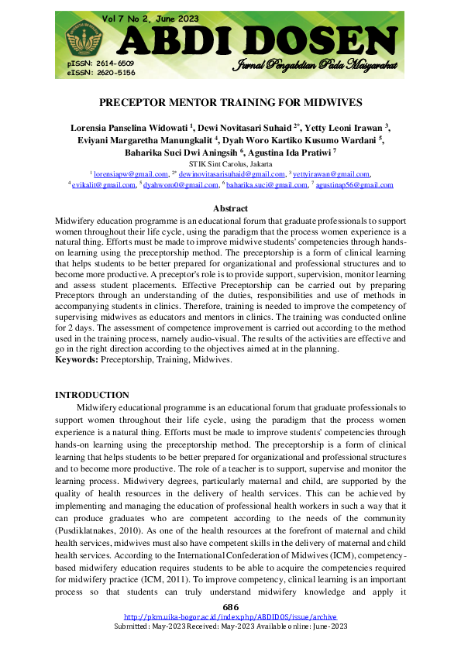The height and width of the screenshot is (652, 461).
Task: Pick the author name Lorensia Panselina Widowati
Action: [x=129, y=125]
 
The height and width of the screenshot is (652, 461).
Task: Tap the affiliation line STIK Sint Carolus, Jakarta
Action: [x=230, y=165]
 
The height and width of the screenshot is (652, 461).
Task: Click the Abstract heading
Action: [x=230, y=208]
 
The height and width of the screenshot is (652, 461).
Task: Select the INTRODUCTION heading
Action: [x=92, y=395]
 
